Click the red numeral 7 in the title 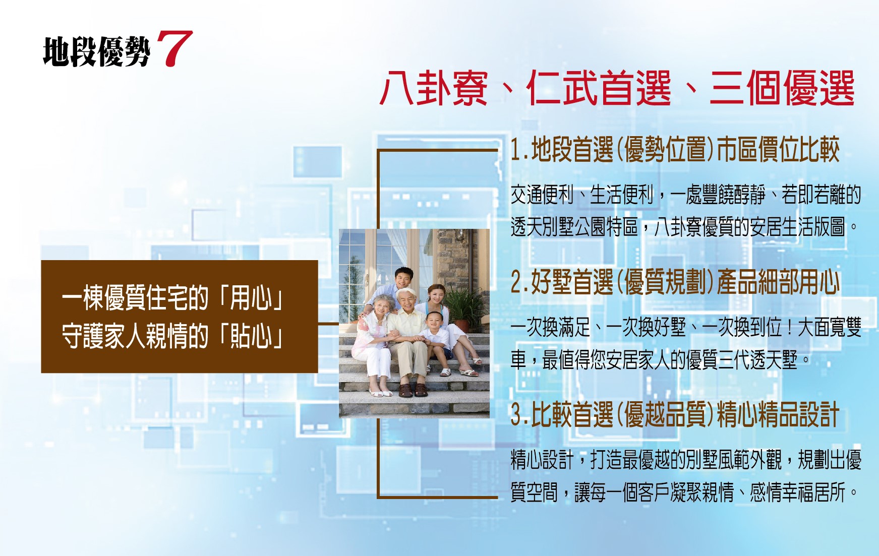click(x=174, y=48)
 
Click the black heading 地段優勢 click(x=97, y=52)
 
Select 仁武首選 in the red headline click(x=599, y=88)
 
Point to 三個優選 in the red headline click(x=782, y=88)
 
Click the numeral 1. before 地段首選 click(x=519, y=150)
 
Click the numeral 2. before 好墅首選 click(x=520, y=282)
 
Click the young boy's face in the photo click(x=433, y=321)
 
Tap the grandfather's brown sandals click(x=413, y=390)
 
